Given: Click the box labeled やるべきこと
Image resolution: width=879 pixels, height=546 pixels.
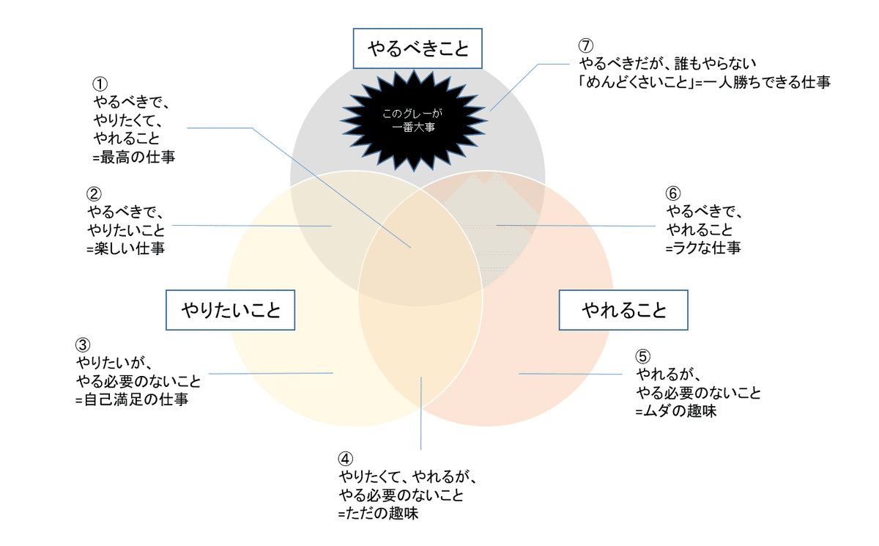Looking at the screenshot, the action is pyautogui.click(x=418, y=48).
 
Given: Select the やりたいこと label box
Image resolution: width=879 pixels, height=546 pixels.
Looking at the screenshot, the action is pyautogui.click(x=230, y=310).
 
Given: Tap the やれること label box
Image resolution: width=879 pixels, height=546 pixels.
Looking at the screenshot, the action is pyautogui.click(x=623, y=310).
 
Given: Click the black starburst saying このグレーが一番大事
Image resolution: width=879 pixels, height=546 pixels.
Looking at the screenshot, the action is pyautogui.click(x=414, y=120).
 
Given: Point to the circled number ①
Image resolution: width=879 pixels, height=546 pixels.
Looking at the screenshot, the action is pyautogui.click(x=100, y=84).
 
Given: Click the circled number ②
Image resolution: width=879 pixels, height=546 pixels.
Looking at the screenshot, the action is pyautogui.click(x=94, y=194).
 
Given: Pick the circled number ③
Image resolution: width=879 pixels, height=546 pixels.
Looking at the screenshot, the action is pyautogui.click(x=83, y=344).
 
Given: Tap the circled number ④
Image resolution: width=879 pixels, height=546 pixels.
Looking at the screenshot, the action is pyautogui.click(x=345, y=459).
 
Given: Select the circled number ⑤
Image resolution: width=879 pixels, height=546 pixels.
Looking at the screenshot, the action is pyautogui.click(x=643, y=356).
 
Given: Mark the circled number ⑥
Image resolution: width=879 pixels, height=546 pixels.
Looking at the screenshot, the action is pyautogui.click(x=673, y=193).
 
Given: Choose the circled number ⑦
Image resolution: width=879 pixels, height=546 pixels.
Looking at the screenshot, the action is pyautogui.click(x=586, y=45).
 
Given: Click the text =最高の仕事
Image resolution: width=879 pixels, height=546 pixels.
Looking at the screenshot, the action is pyautogui.click(x=134, y=158).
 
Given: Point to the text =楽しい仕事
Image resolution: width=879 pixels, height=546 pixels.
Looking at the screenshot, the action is pyautogui.click(x=125, y=248).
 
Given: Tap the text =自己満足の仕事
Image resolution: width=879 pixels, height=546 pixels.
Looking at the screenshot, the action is pyautogui.click(x=132, y=399).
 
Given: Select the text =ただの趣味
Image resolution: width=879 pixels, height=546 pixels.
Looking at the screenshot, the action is pyautogui.click(x=378, y=514).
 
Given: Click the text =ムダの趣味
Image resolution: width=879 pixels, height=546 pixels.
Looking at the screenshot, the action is pyautogui.click(x=675, y=411).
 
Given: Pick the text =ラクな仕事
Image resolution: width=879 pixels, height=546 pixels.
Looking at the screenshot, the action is pyautogui.click(x=703, y=248).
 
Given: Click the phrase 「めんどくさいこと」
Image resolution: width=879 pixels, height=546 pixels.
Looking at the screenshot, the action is pyautogui.click(x=636, y=82).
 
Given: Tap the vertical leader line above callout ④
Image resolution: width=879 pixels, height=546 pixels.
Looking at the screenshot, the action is pyautogui.click(x=421, y=413).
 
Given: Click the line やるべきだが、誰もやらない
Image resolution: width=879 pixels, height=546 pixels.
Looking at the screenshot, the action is pyautogui.click(x=667, y=63).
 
